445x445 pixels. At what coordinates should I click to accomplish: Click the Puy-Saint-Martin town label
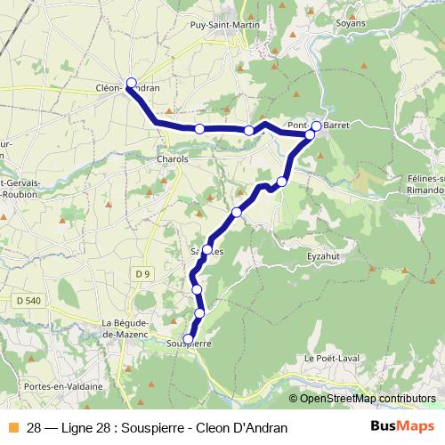(225, 26)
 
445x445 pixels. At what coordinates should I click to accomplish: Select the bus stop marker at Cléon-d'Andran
(131, 83)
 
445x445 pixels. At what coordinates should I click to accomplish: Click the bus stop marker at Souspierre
(188, 338)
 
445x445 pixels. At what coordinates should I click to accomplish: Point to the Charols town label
(172, 158)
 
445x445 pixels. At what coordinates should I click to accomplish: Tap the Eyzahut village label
(324, 255)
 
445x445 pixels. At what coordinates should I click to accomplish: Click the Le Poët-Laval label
(329, 358)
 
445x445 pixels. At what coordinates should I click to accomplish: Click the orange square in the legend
(12, 428)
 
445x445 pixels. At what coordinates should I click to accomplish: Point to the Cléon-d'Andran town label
(127, 88)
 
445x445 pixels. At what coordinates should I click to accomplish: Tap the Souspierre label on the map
(189, 343)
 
